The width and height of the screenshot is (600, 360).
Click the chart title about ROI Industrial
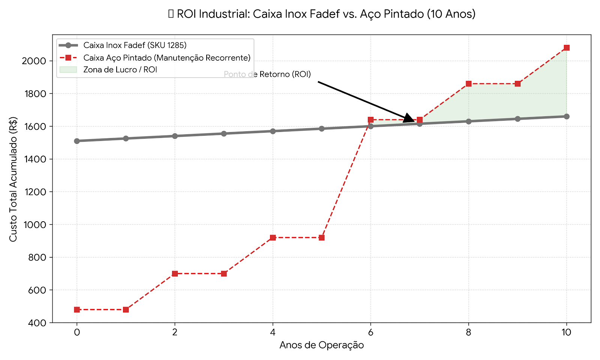click(322, 14)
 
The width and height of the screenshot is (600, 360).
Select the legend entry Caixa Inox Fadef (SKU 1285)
click(135, 45)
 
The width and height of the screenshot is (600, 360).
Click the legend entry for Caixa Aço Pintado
click(166, 58)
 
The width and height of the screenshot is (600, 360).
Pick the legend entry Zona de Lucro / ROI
click(120, 70)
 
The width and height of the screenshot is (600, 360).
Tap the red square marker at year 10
click(567, 48)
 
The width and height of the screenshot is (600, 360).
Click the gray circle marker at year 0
click(77, 141)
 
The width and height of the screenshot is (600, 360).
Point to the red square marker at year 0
click(77, 310)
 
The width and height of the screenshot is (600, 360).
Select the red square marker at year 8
click(469, 84)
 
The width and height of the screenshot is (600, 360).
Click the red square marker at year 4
click(273, 238)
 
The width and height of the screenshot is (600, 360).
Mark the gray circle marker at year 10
click(567, 117)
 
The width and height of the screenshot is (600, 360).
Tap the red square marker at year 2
click(175, 274)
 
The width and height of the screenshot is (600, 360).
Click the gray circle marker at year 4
click(273, 131)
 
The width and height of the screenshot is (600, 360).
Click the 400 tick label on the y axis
click(37, 323)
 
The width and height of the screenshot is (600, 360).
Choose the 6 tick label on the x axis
click(370, 332)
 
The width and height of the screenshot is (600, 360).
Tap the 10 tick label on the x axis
click(567, 332)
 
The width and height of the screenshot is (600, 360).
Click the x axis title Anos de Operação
click(322, 345)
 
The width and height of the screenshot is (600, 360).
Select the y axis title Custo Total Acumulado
click(13, 179)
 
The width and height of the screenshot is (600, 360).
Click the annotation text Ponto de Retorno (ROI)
click(267, 74)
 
